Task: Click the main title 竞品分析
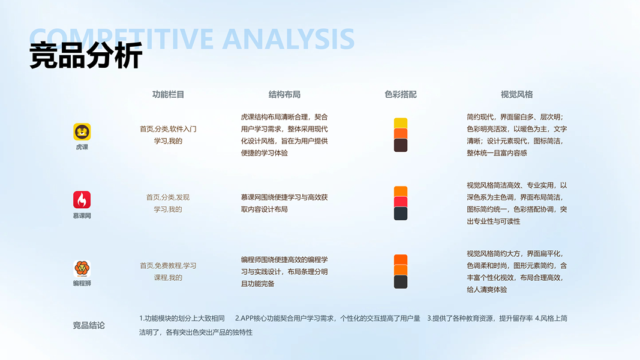pos(86,56)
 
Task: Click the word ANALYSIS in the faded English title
pos(289,39)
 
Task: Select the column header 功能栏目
pos(168,94)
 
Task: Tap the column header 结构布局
pos(284,94)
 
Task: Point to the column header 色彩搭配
pos(401,94)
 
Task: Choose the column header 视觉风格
pos(516,94)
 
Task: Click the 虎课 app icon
pos(82,132)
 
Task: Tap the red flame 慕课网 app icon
pos(82,200)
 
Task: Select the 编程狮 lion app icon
pos(82,268)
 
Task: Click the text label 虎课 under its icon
pos(82,147)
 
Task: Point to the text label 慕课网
pos(82,215)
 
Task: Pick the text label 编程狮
pos(82,283)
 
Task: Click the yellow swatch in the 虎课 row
pos(401,123)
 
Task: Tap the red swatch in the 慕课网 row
pos(401,202)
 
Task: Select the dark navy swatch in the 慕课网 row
pos(401,214)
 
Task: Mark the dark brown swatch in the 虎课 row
pos(401,145)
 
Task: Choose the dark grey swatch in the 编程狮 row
pos(401,282)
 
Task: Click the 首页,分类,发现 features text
pos(168,197)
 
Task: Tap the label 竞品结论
pos(89,325)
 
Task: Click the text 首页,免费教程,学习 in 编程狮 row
pos(168,266)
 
